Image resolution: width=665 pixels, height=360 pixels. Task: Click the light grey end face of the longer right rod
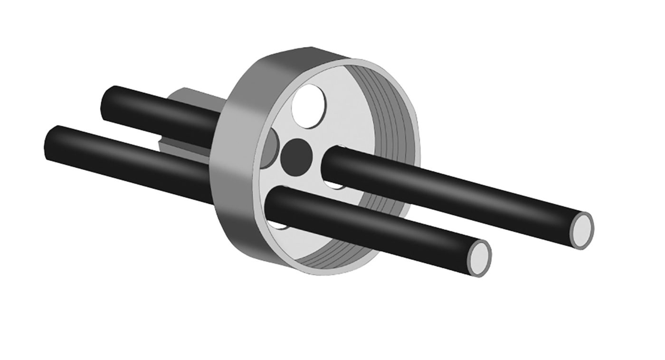pos(583,230)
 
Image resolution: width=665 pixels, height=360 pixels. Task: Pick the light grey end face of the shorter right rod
pos(480,258)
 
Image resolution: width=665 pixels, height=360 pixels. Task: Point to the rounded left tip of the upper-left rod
pos(107,98)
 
